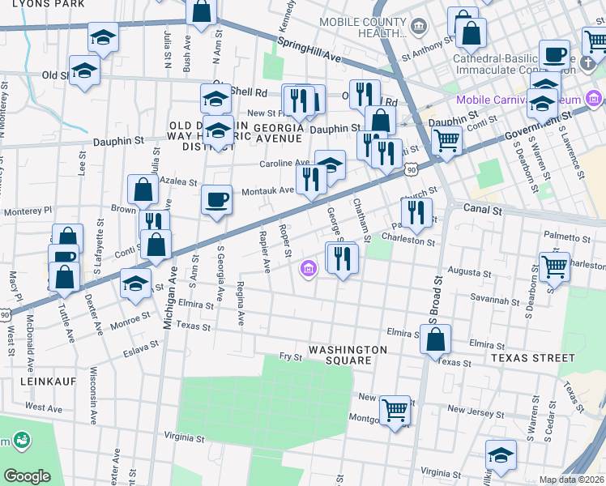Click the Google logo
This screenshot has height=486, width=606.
(x=27, y=476)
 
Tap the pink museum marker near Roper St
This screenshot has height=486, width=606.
(x=308, y=269)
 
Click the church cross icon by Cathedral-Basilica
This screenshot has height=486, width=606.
(x=594, y=39)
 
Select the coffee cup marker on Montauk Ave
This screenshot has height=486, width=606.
(x=216, y=199)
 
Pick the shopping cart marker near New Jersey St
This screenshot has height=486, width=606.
(x=394, y=411)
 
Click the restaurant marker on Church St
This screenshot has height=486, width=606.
(x=416, y=211)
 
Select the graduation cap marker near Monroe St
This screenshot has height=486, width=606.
(x=135, y=283)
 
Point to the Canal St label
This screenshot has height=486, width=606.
(x=484, y=209)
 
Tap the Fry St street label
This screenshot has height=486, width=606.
(x=290, y=356)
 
